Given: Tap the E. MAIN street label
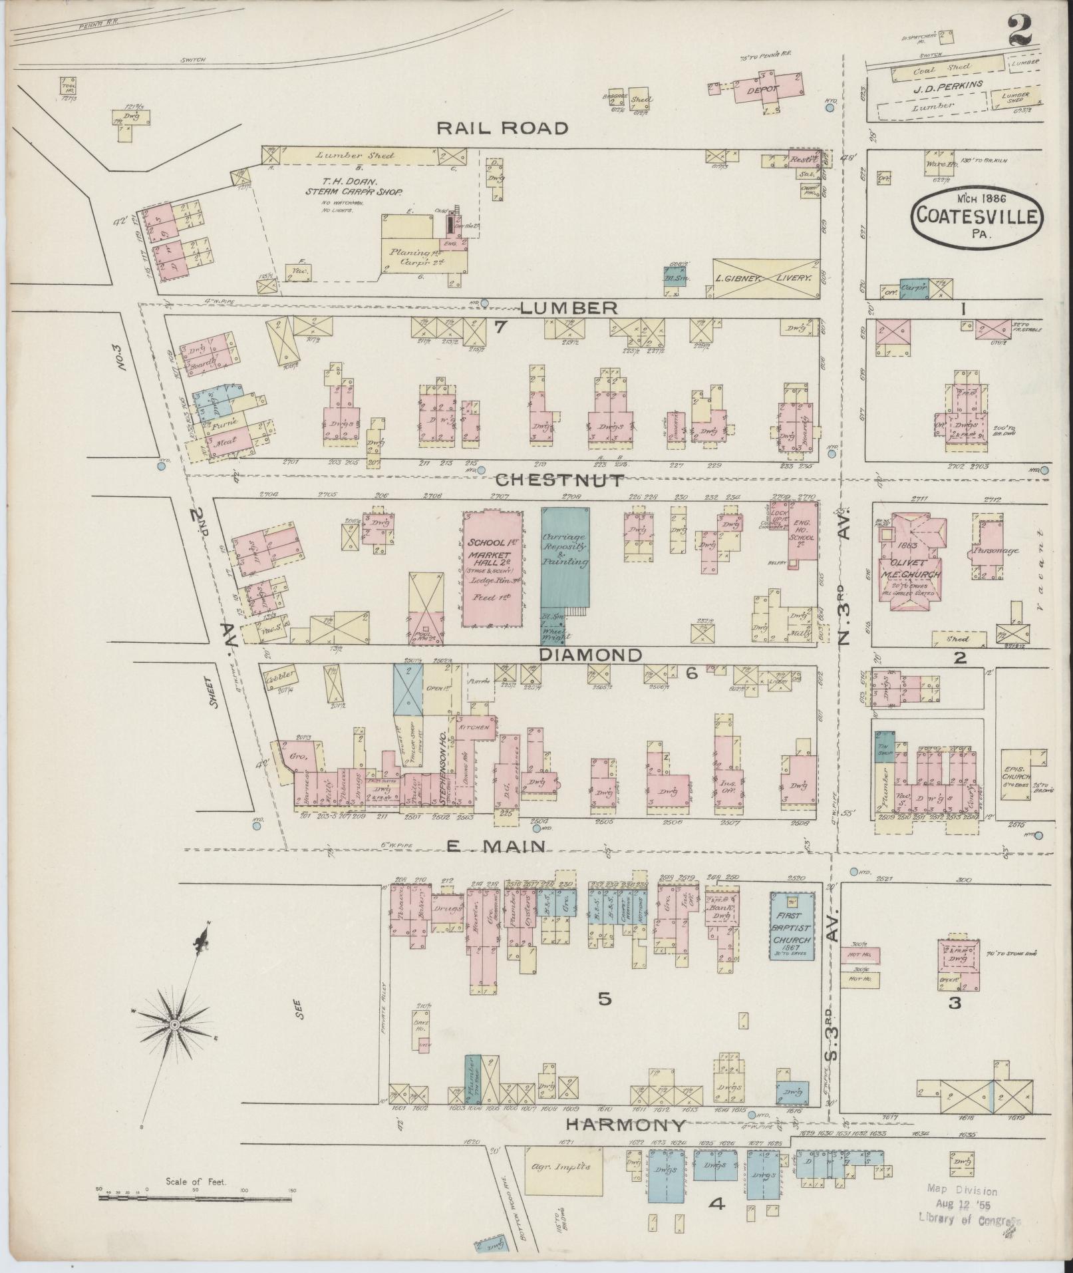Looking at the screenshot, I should tap(496, 846).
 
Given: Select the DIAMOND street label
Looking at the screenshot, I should tap(591, 655).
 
